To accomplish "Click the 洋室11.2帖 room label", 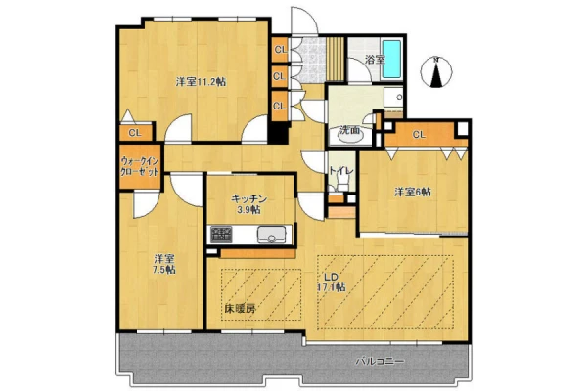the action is tap(201, 82).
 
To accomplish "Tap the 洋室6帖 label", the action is tap(413, 193).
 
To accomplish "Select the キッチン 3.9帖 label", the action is tap(248, 204).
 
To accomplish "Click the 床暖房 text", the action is tap(241, 309).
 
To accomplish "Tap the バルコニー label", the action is tap(380, 362).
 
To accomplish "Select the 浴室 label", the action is tap(375, 60).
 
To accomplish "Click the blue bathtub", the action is tap(391, 59).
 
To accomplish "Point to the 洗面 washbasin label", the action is tap(349, 130).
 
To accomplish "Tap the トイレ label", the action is tap(341, 171).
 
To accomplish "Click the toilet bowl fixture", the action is tap(341, 185).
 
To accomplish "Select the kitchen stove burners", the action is tap(221, 235).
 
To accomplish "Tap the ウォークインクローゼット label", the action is tap(140, 167).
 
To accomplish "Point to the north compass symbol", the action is tap(435, 71).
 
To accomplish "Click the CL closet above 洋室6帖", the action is tap(420, 134).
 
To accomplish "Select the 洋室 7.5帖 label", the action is tap(164, 264).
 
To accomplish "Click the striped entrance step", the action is tap(335, 59).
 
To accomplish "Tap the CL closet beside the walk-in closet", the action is tap(135, 133).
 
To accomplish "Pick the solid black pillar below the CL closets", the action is tap(279, 133).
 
